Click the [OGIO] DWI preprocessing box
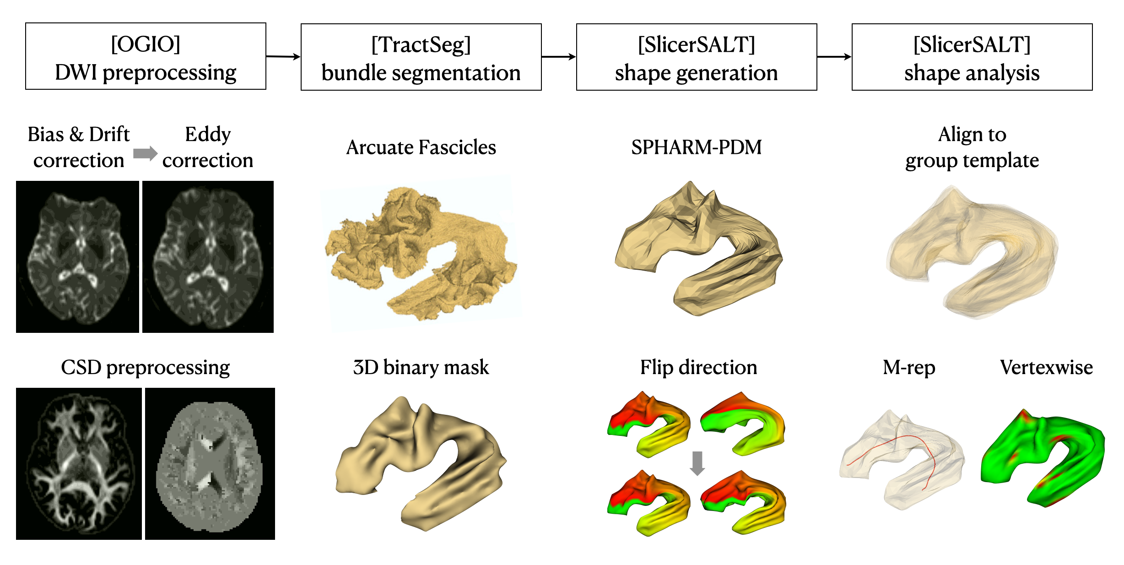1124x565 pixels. [146, 56]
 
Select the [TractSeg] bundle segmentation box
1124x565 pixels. [421, 57]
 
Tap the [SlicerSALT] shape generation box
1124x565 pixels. [696, 57]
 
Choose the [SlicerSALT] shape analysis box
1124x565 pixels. [972, 57]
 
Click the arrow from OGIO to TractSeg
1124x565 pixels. [283, 57]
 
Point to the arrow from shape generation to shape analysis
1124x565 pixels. [834, 57]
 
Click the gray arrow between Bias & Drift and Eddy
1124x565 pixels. [145, 153]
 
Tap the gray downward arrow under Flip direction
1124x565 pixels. [697, 463]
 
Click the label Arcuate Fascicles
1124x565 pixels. [421, 147]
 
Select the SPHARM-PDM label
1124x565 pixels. [696, 147]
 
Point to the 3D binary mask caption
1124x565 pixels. [421, 367]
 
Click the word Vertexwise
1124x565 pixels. [1046, 367]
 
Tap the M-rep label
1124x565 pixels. [909, 367]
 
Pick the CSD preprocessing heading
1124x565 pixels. [146, 367]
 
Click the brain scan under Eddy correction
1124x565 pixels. [208, 256]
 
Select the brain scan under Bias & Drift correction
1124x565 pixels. [77, 256]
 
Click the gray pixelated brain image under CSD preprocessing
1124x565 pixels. [210, 463]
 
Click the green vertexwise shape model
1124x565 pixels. [1043, 458]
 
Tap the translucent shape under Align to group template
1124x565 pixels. [973, 252]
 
